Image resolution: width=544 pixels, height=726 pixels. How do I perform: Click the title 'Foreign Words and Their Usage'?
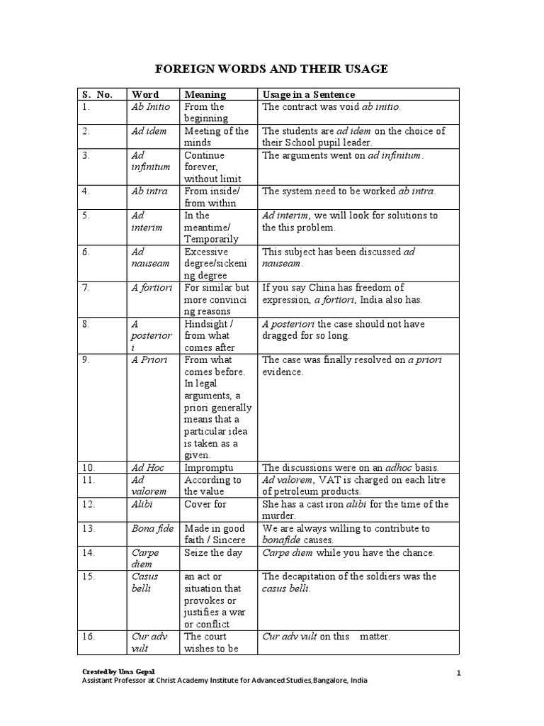272,69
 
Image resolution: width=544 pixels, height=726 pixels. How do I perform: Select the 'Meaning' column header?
205,94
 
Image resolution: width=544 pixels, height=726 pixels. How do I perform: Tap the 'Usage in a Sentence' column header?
309,94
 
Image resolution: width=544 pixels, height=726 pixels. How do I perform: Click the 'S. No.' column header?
97,94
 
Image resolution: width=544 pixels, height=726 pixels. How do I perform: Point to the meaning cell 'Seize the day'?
214,552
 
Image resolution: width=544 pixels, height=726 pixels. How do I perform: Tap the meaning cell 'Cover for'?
205,504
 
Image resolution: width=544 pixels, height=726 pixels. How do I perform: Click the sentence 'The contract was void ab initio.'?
331,107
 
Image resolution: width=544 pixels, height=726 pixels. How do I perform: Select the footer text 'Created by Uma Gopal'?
118,671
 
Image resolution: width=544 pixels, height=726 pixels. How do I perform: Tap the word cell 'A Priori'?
149,360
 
